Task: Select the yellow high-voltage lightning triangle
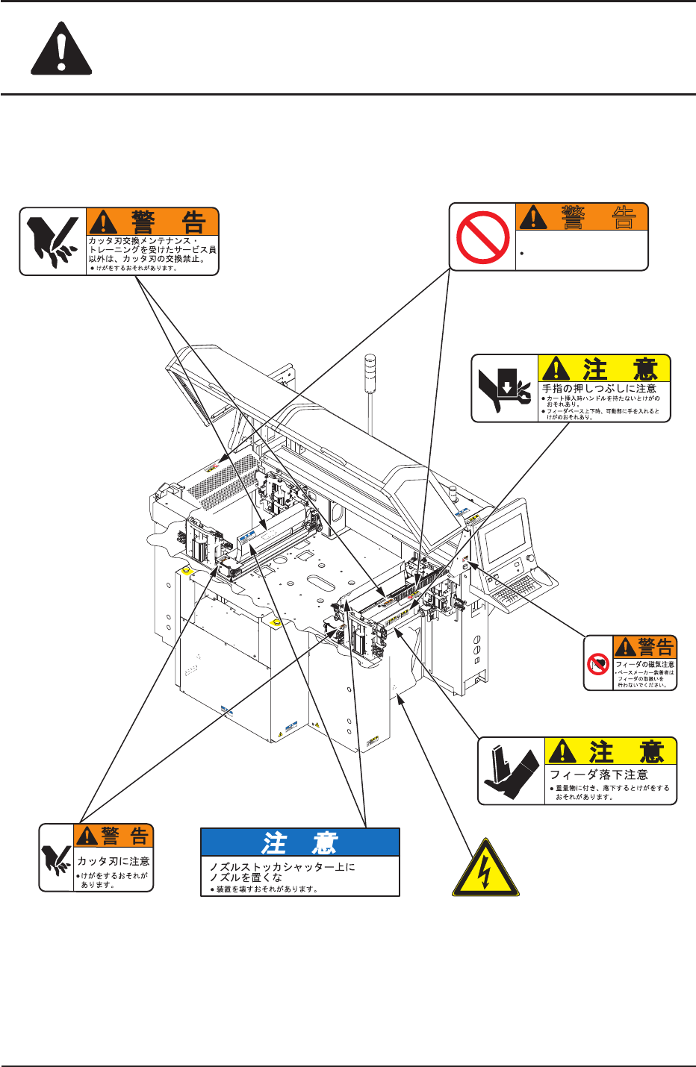click(485, 869)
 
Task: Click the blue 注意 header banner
click(300, 842)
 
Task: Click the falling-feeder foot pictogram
click(512, 771)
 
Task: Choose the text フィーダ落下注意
click(599, 775)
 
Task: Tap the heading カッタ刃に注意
click(114, 861)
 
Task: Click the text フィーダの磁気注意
click(644, 664)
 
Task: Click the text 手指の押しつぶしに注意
click(599, 389)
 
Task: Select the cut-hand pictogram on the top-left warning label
click(52, 242)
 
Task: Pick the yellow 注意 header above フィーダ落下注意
click(611, 751)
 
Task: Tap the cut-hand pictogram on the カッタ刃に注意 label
click(57, 859)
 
